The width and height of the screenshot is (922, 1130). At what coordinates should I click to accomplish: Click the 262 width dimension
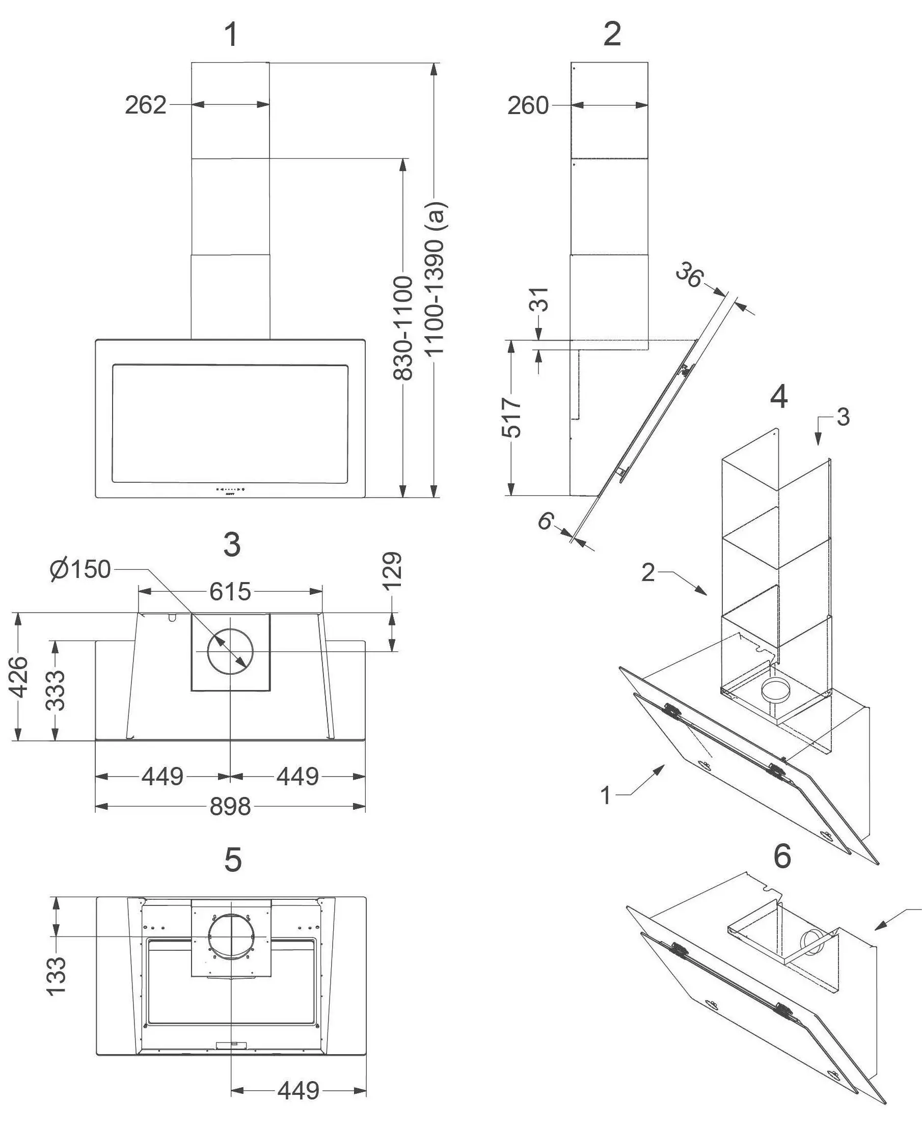point(146,105)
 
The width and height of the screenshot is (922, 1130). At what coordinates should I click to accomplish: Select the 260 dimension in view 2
point(527,106)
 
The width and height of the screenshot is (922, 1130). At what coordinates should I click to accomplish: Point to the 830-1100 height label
point(403,327)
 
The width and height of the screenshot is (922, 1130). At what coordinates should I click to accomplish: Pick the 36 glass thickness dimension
point(689,275)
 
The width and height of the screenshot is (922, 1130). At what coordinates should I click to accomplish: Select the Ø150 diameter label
point(80,569)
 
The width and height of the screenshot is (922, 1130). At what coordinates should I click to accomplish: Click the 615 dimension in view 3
point(229,592)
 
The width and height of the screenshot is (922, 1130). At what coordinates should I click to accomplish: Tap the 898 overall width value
point(230,807)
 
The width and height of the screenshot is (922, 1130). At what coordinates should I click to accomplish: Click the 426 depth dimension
point(19,676)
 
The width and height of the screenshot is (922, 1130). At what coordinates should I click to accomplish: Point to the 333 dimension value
point(55,691)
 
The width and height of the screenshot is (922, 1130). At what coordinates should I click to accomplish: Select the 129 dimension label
point(393,571)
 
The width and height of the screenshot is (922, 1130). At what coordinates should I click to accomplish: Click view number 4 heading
point(778,397)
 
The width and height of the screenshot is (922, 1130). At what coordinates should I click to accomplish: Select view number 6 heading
point(782,856)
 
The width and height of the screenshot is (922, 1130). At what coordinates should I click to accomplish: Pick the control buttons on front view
point(230,489)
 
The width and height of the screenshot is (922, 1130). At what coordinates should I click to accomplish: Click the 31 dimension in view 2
point(539,299)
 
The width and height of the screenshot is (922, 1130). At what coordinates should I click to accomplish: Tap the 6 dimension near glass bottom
point(546,521)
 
